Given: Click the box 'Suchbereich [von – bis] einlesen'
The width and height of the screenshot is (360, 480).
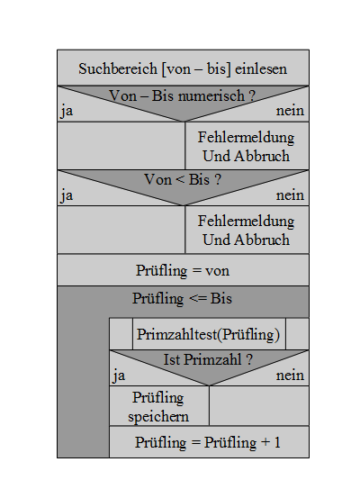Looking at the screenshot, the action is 183,68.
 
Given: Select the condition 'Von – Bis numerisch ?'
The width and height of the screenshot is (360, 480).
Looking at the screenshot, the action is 183,95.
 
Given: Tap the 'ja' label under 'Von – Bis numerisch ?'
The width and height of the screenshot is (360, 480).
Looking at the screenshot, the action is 67,111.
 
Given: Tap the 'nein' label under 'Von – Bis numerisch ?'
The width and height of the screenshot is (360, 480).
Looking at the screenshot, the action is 290,111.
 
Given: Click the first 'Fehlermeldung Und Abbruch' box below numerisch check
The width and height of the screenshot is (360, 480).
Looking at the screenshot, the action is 247,146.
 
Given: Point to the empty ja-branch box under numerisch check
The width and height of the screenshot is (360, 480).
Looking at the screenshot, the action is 121,146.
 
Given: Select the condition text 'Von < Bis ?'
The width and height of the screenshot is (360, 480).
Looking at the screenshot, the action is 183,179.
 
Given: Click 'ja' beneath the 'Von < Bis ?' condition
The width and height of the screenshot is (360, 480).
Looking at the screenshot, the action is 67,195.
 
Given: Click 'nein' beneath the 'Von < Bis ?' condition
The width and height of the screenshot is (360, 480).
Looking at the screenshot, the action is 290,195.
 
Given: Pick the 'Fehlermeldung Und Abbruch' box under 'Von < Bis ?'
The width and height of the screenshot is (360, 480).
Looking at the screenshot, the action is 247,230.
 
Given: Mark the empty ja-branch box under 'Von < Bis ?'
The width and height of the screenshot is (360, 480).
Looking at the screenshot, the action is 121,230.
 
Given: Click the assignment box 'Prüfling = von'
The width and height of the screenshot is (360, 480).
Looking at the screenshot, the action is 183,270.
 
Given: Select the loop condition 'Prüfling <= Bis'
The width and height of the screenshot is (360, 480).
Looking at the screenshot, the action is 183,298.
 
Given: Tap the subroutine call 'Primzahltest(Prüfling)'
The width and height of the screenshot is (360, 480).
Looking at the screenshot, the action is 209,334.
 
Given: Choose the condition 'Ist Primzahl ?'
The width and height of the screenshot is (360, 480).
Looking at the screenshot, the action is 208,359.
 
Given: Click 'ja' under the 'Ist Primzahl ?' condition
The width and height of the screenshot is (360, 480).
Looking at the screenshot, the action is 119,376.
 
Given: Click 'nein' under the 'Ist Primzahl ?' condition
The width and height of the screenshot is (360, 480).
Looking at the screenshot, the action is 290,375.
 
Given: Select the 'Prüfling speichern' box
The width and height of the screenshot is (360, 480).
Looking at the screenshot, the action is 159,406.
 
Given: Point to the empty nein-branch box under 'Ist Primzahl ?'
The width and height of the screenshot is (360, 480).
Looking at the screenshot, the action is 259,406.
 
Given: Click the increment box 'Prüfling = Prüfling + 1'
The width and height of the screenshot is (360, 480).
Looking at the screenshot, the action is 209,442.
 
